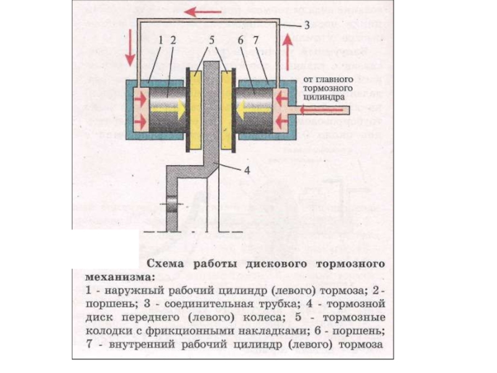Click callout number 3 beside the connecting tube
pyautogui.click(x=306, y=25)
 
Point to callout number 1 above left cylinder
pyautogui.click(x=160, y=39)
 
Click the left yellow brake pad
pyautogui.click(x=196, y=108)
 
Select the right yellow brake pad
pyautogui.click(x=228, y=108)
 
